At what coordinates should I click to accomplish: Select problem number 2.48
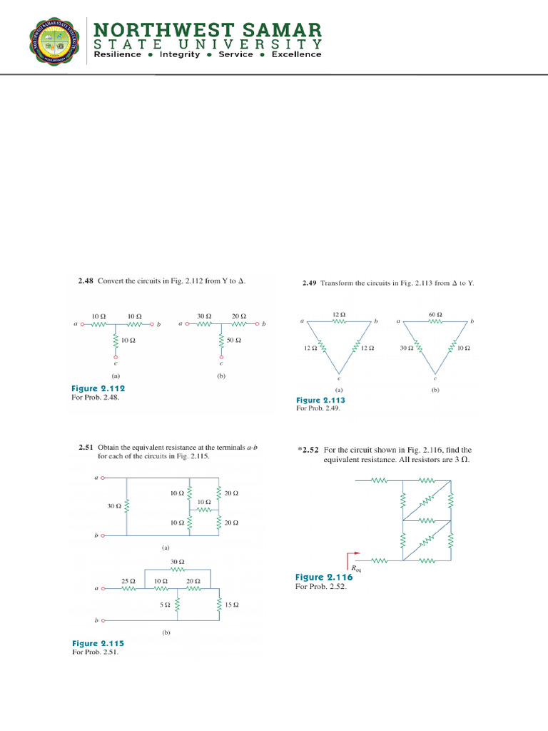86,281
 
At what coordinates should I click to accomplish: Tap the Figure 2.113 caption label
320,400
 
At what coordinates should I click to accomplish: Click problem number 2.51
86,448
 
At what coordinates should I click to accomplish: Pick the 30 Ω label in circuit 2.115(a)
114,506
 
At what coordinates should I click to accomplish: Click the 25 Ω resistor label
128,582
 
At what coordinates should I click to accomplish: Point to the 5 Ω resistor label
164,605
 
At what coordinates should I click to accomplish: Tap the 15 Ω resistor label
231,605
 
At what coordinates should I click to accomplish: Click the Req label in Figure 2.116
357,569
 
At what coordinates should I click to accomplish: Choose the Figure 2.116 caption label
323,578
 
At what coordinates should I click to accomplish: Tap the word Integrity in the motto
180,54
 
